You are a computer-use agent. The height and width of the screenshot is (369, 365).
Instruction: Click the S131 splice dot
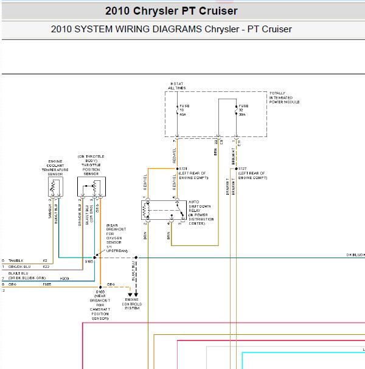tap(176, 168)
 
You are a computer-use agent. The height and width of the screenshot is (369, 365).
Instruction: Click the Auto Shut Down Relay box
tap(164, 211)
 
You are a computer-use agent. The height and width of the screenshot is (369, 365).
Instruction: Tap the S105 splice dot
tap(94, 258)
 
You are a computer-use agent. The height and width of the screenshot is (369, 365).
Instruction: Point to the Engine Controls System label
tap(131, 303)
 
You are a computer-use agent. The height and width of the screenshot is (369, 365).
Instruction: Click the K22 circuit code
tap(46, 267)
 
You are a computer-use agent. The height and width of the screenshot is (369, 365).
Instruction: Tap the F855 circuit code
tap(47, 284)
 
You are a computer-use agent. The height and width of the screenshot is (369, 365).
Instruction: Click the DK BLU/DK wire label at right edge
tap(355, 255)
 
